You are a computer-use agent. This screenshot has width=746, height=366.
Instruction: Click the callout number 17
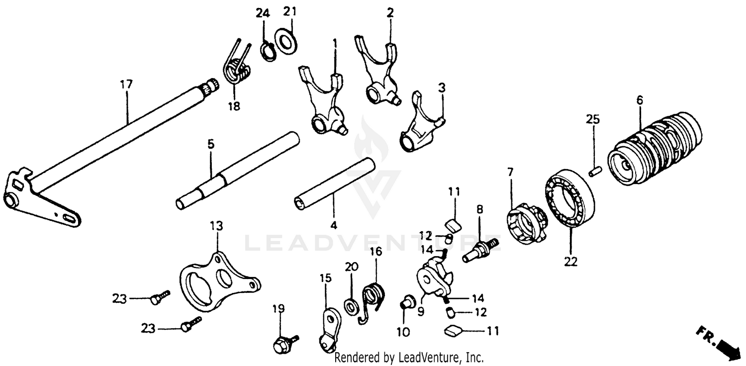[x=126, y=85]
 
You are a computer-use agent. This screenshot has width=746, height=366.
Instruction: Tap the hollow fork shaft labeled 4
[x=333, y=183]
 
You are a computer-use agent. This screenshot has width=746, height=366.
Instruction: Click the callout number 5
[x=210, y=144]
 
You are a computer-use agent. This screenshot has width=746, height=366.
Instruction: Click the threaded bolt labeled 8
[x=480, y=249]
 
